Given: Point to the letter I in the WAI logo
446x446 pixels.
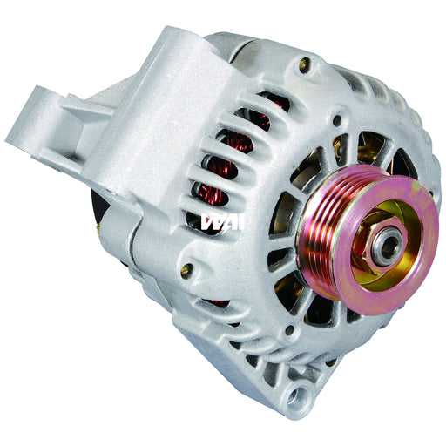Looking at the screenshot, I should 242,220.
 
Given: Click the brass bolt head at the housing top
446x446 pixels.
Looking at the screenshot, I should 303,63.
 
